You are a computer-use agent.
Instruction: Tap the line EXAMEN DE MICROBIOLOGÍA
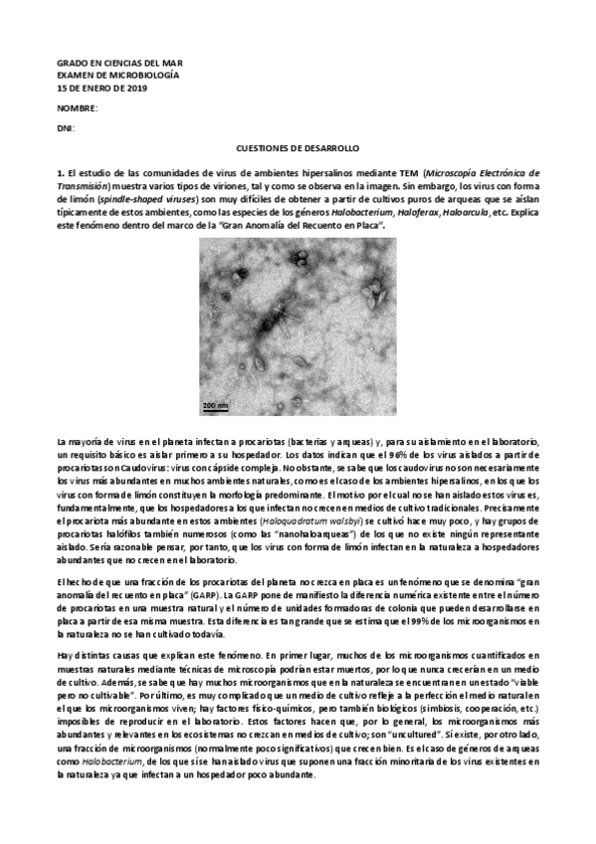pyautogui.click(x=104, y=76)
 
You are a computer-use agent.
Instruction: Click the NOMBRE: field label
pyautogui.click(x=77, y=107)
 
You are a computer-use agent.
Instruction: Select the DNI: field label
pyautogui.click(x=66, y=127)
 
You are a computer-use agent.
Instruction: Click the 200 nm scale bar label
pyautogui.click(x=215, y=405)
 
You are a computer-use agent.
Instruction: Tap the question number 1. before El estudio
pyautogui.click(x=61, y=172)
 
